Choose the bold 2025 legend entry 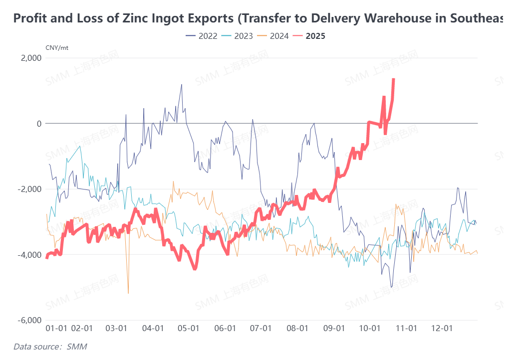click(309, 36)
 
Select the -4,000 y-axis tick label click(29, 255)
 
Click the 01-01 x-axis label click(56, 329)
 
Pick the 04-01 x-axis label click(153, 329)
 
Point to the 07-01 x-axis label click(260, 329)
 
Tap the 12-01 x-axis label click(442, 329)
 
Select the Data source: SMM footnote click(46, 346)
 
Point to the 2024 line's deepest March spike click(128, 293)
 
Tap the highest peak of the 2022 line click(182, 85)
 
